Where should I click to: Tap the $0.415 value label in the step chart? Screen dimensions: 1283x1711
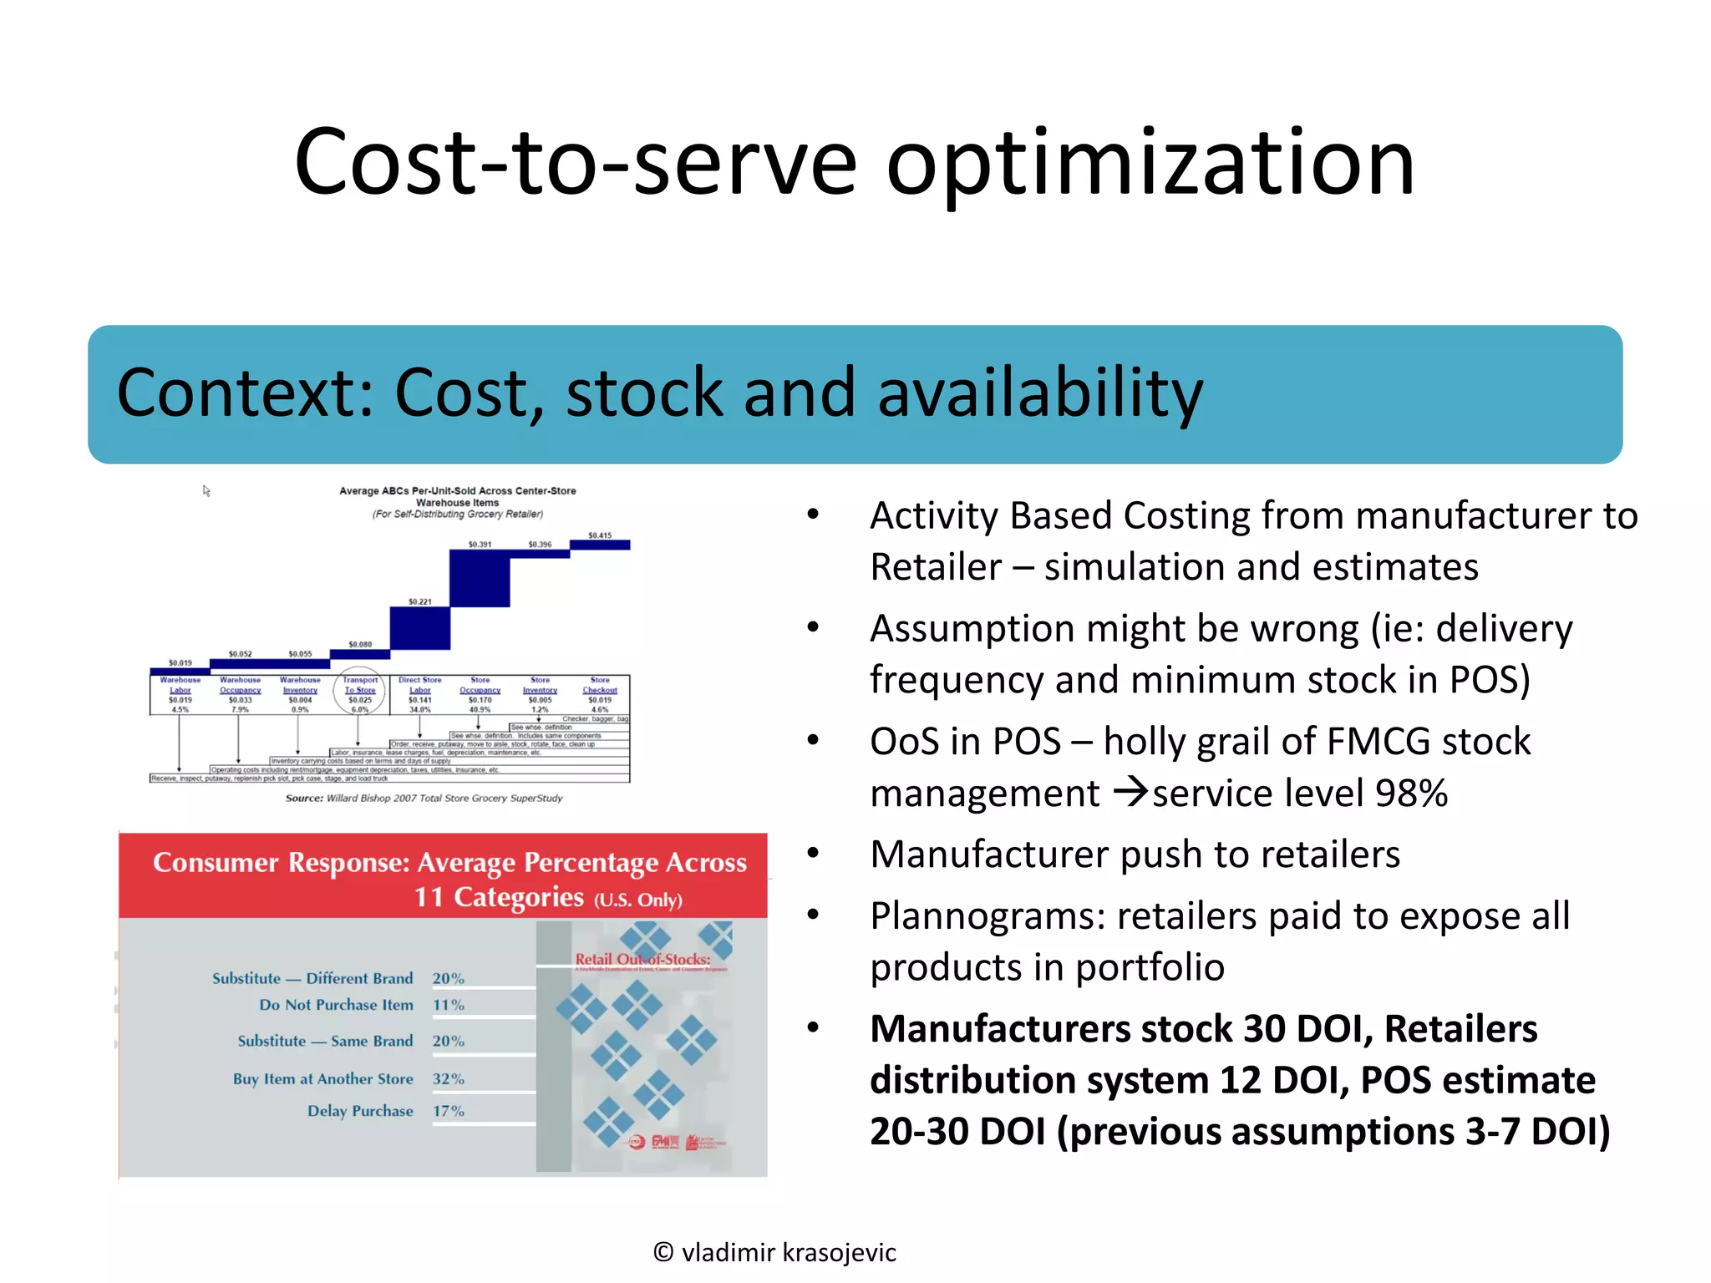click(x=600, y=535)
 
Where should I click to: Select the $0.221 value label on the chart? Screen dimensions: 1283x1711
click(x=419, y=601)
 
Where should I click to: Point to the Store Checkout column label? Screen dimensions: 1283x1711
click(x=600, y=685)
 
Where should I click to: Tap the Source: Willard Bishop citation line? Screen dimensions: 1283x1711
click(x=424, y=799)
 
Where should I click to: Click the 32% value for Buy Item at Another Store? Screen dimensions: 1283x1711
click(x=448, y=1079)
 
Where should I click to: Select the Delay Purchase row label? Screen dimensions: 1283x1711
click(x=360, y=1111)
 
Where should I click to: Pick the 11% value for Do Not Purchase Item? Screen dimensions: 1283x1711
click(x=448, y=1005)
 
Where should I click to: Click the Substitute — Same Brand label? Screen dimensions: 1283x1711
click(x=325, y=1041)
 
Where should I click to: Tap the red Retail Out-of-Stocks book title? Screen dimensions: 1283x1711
click(x=642, y=959)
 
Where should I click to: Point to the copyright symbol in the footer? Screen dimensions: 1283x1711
click(x=663, y=1252)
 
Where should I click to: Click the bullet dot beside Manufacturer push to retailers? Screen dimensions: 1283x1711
click(x=813, y=853)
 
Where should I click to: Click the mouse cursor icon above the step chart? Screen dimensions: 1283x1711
click(x=206, y=491)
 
